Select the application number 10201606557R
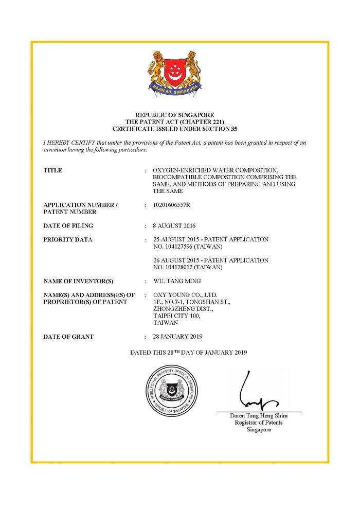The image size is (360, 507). coord(172,205)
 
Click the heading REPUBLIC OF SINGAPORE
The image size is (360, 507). coord(174,114)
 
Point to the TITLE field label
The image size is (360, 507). coord(53,170)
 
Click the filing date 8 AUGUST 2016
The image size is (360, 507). coord(174,226)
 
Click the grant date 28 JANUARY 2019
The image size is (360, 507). coord(178,337)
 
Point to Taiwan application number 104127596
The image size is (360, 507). coord(178,247)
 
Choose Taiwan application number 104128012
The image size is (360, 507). coord(178,267)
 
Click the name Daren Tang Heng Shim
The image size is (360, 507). coord(259,416)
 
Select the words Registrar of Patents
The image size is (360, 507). coord(259,423)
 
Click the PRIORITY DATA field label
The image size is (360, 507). coord(68,239)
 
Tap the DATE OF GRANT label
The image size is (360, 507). coord(68,337)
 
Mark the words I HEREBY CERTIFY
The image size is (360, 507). coord(69,143)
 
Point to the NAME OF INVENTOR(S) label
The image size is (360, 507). coord(78,281)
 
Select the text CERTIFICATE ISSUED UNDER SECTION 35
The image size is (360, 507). coord(174,128)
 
